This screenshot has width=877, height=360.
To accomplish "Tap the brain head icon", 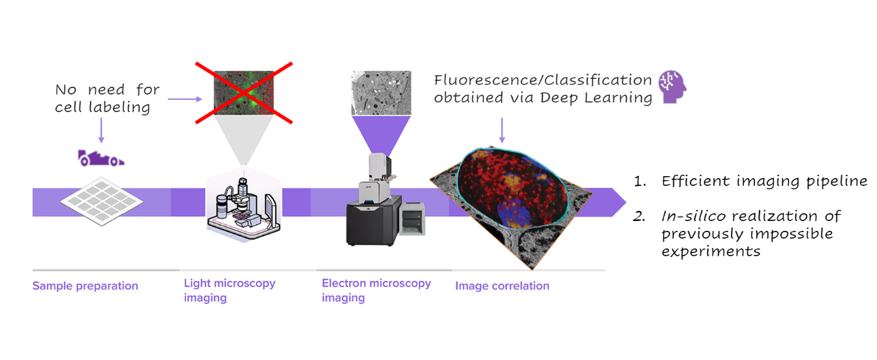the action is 673,87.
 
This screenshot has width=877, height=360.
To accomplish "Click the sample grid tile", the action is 102,202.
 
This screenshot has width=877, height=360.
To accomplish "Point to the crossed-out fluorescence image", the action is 243,93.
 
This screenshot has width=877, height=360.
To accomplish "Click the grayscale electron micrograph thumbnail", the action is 381,93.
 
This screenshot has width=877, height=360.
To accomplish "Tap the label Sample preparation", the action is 85,286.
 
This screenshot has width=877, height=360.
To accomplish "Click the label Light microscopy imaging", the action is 230,290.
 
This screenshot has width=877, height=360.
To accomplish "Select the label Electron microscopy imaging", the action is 377,290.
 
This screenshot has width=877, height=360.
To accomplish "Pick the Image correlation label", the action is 502,286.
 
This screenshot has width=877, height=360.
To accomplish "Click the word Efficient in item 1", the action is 696,181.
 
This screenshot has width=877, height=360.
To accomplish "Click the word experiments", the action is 711,251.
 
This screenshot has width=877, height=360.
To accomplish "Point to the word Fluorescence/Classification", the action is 543,80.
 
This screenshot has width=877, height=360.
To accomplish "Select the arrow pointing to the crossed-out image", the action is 185,99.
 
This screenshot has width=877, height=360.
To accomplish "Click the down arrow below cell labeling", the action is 101,130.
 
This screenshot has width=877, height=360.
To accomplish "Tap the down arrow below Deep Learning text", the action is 502,130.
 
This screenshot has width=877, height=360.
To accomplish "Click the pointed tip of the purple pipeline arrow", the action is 626,202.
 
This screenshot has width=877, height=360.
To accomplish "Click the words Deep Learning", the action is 596,98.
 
